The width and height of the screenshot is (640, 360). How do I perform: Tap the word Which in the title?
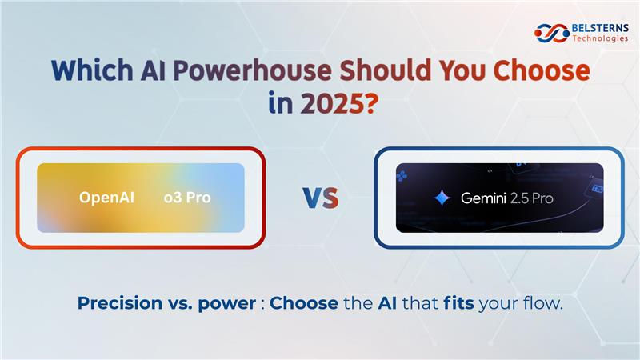[x=92, y=70]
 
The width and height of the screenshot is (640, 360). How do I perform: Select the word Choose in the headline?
[x=542, y=70]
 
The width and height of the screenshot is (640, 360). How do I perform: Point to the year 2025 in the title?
[x=331, y=104]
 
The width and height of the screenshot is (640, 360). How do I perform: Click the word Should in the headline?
[x=385, y=70]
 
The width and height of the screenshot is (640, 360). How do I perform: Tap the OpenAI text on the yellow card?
[x=106, y=198]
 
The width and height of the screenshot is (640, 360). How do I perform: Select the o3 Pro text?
[x=187, y=198]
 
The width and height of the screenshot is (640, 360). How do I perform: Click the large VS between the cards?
[x=321, y=198]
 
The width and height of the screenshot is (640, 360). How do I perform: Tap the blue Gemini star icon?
[x=442, y=198]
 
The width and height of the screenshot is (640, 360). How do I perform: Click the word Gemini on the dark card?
[x=483, y=198]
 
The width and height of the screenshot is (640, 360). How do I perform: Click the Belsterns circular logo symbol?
[x=552, y=33]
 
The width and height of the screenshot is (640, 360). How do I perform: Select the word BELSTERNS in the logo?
[x=600, y=28]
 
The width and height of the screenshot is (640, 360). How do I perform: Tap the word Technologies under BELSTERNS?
[x=600, y=38]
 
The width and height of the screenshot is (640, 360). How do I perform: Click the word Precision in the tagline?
[x=120, y=303]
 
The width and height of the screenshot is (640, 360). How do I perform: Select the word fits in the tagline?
[x=458, y=303]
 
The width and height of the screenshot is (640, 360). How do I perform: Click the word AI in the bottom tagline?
[x=387, y=303]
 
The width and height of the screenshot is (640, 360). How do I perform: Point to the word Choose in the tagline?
[x=304, y=303]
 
